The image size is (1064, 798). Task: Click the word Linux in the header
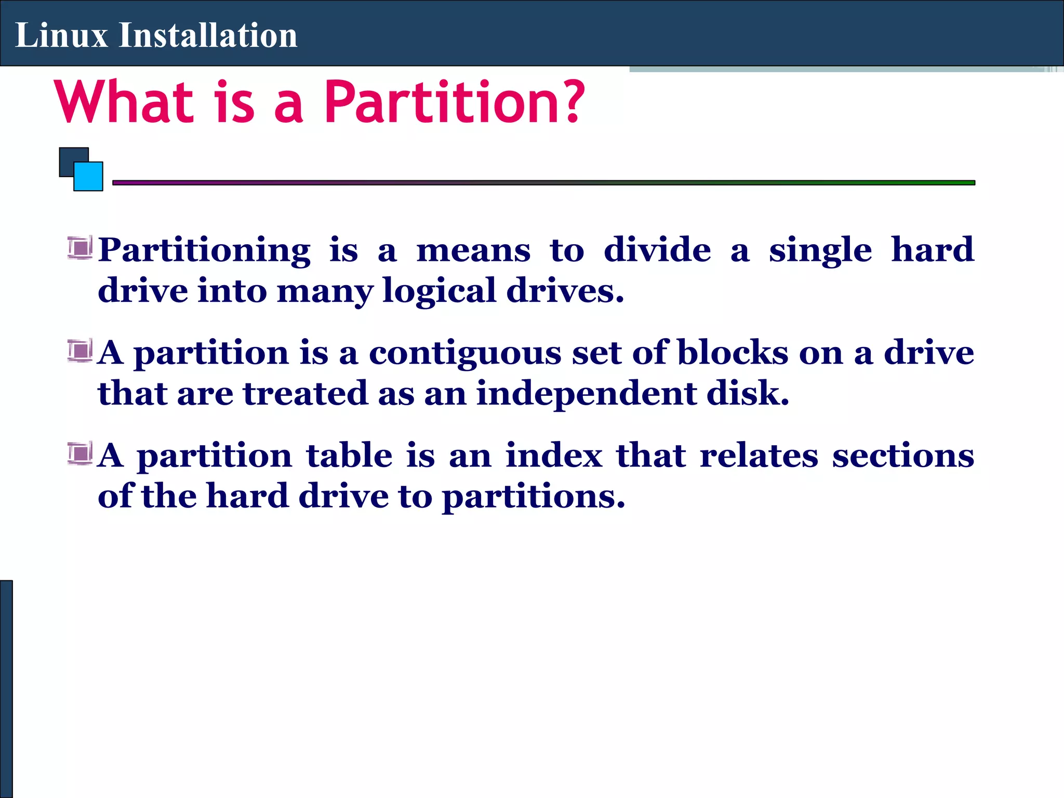pos(61,35)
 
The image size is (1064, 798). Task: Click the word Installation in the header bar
pos(208,35)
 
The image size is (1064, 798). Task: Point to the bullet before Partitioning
pos(80,247)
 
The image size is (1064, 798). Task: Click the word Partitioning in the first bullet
pos(204,250)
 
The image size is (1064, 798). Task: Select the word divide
pos(657,249)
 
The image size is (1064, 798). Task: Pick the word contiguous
pos(465,353)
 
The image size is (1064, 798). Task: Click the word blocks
pos(733,352)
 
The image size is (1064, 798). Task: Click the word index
pos(554,455)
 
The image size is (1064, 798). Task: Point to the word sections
pos(903,455)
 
